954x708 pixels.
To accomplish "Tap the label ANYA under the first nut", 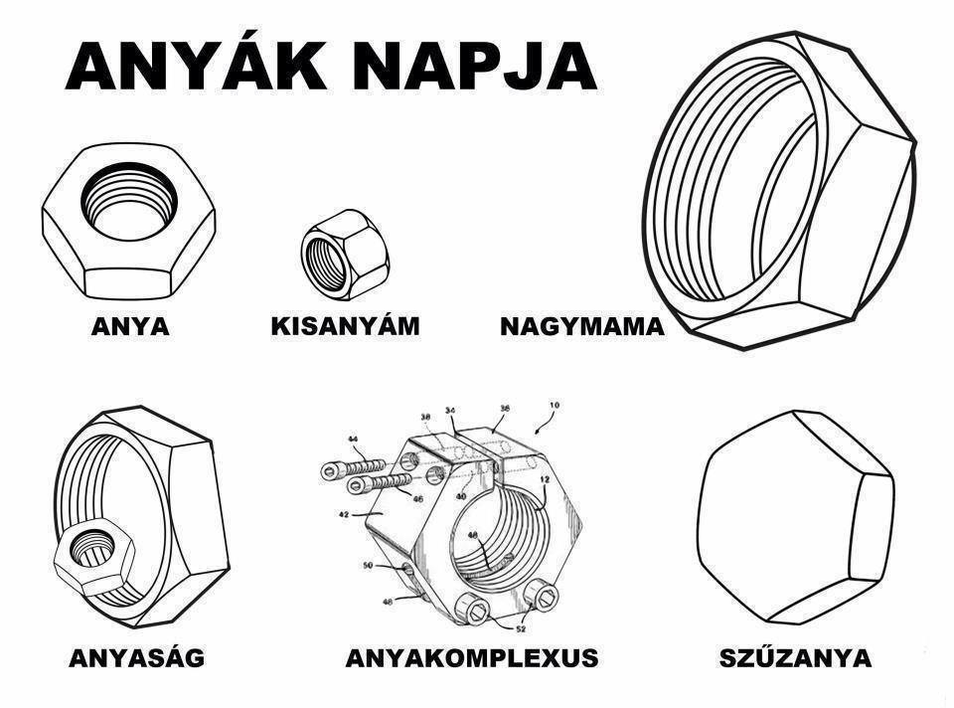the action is click(130, 326).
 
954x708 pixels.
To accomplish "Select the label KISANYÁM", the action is click(345, 326).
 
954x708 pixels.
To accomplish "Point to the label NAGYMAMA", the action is click(582, 326).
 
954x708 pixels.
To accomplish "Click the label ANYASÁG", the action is click(137, 657).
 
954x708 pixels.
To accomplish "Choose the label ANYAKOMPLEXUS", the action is click(471, 658).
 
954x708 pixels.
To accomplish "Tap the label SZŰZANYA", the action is click(795, 657).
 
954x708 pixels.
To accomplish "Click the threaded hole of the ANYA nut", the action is click(129, 200).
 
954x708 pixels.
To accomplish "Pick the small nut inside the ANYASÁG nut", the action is click(92, 557).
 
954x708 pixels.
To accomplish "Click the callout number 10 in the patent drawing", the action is click(554, 406).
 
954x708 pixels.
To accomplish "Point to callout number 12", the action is click(545, 480).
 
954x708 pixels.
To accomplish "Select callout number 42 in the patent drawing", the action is click(345, 514).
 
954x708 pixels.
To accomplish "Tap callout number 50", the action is click(368, 566).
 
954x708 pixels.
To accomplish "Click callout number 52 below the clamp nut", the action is click(521, 628).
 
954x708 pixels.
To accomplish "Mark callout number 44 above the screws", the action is click(352, 439).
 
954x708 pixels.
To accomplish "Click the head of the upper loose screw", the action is click(330, 469).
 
